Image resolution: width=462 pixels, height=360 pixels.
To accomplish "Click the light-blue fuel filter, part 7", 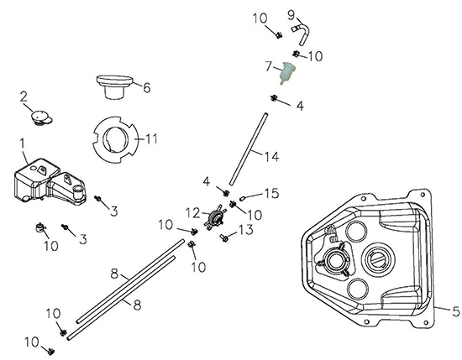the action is (287, 74).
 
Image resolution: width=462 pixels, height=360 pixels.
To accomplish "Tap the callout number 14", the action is (271, 156).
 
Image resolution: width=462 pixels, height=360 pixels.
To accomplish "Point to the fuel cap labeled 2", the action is (41, 117).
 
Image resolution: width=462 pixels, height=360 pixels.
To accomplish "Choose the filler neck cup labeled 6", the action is (114, 86).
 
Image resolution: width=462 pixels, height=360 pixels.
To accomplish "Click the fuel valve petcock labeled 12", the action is (214, 218).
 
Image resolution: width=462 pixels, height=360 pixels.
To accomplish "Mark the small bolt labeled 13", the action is (224, 237).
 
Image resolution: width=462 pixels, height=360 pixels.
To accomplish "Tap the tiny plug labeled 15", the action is (243, 199).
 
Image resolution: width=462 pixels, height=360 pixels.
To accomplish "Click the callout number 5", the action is (455, 310).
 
